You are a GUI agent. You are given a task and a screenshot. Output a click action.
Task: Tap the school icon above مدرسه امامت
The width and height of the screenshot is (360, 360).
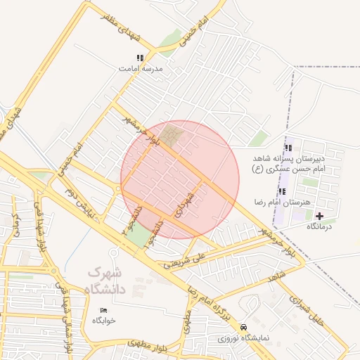[140, 58]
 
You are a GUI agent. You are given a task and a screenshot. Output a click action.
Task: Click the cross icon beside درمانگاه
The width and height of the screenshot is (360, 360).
[321, 216]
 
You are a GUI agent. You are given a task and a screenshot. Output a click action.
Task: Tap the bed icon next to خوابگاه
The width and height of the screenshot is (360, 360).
[104, 310]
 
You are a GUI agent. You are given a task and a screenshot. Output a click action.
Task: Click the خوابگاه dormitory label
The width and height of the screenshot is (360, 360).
[103, 321]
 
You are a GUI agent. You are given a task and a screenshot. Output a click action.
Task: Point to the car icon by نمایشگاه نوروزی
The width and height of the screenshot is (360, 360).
[243, 327]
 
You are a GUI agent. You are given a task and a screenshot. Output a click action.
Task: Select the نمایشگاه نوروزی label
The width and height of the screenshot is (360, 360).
[242, 337]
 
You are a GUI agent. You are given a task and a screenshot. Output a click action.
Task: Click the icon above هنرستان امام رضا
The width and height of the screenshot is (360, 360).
[282, 191]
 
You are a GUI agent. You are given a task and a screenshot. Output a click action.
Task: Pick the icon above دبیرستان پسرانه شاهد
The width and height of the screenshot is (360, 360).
[288, 148]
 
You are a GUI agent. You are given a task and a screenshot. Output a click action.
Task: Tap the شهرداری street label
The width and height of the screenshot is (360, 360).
[185, 202]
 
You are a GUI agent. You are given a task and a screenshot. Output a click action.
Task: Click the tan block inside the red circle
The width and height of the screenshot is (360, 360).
[172, 135]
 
